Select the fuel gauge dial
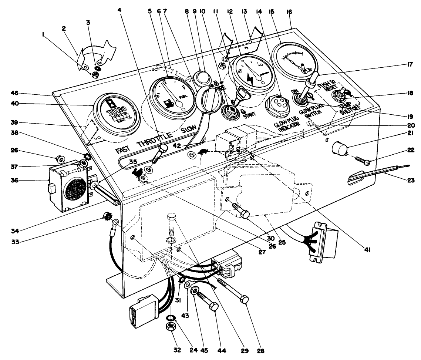click(x=172, y=98)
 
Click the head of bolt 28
click(x=246, y=299)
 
